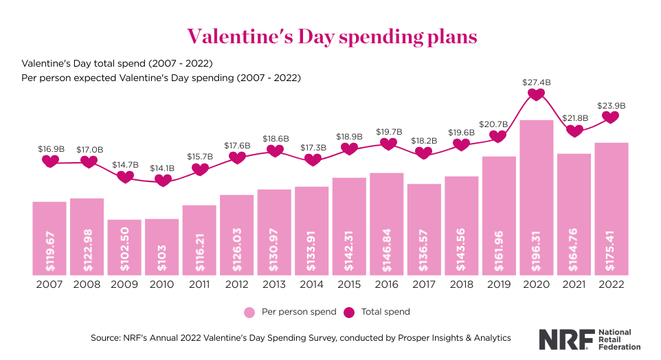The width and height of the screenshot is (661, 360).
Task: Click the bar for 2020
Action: coord(537,196)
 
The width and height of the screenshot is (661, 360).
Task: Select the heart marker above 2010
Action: coord(163,181)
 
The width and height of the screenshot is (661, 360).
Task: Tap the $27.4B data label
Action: coord(537,82)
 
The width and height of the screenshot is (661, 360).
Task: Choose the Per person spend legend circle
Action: coord(249,312)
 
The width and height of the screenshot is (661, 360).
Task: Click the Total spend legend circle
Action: coord(349,312)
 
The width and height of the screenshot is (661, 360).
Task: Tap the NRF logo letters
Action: coord(562,339)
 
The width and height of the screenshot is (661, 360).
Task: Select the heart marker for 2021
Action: coord(574,131)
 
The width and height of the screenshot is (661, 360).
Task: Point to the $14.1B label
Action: coord(163,168)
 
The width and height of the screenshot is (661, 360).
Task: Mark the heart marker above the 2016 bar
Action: coord(388,144)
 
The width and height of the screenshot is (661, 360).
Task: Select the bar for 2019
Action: coord(499,214)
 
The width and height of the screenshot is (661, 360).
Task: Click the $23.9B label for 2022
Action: coord(612,106)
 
